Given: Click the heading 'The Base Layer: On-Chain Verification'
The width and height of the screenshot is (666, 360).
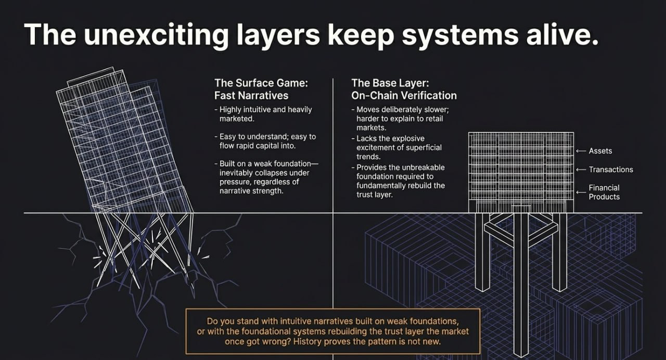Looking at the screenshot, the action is click(404, 89).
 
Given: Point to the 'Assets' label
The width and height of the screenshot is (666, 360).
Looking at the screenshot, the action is click(600, 151).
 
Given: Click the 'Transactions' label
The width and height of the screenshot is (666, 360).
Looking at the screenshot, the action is click(611, 170).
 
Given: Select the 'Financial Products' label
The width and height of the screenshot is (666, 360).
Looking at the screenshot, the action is click(604, 192).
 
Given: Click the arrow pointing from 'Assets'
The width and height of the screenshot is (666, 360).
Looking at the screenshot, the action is click(581, 151).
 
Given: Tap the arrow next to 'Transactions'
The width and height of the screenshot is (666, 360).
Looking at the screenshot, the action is click(581, 170).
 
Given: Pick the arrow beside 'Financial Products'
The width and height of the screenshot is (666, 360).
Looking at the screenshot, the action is click(581, 192).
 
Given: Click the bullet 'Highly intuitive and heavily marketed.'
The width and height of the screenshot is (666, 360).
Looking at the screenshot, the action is click(265, 114).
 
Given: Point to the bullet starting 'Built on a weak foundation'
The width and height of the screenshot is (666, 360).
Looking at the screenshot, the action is click(266, 177).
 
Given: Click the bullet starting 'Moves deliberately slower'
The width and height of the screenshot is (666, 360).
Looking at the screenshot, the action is click(398, 119).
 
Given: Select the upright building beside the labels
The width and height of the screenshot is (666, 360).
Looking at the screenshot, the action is click(520, 172).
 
